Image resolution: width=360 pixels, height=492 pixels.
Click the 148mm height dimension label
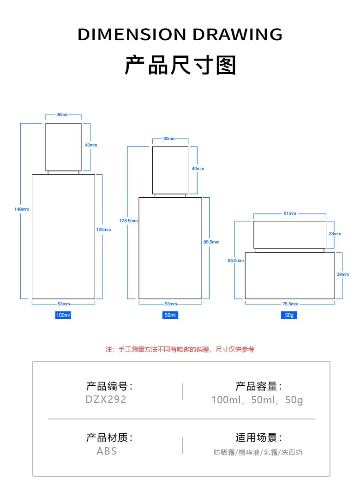pos(22,209)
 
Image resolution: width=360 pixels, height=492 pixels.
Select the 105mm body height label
pos(103,230)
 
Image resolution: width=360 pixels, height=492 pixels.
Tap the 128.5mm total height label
pos(129,221)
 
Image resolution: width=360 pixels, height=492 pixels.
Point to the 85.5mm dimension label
pos(211,242)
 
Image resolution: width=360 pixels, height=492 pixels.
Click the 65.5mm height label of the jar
pos(236,261)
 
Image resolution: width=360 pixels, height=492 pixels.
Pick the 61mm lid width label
pos(290,213)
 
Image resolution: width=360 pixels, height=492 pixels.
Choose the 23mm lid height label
pos(335,234)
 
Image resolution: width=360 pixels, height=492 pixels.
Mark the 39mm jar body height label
pos(343,274)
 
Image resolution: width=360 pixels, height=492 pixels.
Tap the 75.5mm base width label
pos(290,304)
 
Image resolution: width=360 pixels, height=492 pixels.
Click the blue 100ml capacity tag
pos(63,315)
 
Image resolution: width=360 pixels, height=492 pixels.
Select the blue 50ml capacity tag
pos(170,315)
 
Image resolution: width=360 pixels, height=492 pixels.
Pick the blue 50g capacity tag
pos(289,315)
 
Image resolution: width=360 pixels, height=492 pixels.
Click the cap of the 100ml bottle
pos(63,147)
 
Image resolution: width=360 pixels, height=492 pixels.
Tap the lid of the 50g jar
pos(290,235)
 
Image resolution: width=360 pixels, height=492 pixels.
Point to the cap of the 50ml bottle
pos(170,170)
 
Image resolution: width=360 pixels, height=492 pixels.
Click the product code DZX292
pos(106,400)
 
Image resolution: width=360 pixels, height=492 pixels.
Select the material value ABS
pos(107,451)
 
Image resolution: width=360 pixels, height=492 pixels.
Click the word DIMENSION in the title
pos(132,35)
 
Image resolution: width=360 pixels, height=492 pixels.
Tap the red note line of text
pos(180,350)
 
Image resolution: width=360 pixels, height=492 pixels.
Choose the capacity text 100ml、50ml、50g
pos(257,400)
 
